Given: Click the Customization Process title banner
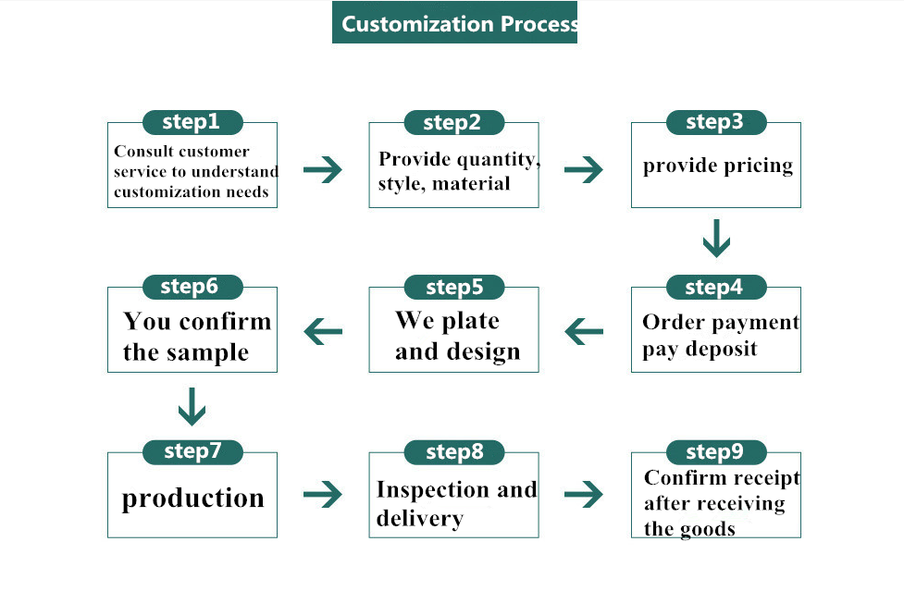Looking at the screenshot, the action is coord(454,22).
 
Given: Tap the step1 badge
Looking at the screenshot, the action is coord(192,122).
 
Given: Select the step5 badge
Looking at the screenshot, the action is coord(454,288).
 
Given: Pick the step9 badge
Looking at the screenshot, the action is coord(716,452).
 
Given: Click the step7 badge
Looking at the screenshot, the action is coord(192,452).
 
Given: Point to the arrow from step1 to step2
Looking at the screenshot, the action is coord(323,170).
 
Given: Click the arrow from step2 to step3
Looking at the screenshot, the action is coord(584,170).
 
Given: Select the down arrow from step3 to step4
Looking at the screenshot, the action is coord(716,239).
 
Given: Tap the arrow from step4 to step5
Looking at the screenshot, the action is coord(584,332).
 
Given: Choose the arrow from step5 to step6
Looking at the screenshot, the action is coord(323,332).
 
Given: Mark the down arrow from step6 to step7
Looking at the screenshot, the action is coord(192,407).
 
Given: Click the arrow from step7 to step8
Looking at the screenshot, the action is coord(323,494).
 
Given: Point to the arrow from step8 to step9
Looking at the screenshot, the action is coord(584,494).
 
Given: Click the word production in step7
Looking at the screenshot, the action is coord(193,499).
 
